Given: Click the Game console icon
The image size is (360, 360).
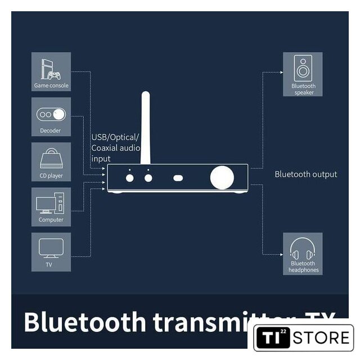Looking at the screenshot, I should (x=51, y=68).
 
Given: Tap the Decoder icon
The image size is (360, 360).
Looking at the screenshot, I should (x=51, y=115).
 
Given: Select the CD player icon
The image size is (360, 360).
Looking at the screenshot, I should (x=51, y=159).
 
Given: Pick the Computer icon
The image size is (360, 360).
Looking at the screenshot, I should (x=51, y=203).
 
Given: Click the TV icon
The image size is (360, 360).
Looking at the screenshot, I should (x=51, y=248).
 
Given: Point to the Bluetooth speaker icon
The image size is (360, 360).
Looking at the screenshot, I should (x=303, y=69).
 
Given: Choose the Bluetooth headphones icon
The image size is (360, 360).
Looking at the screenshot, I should (x=303, y=249).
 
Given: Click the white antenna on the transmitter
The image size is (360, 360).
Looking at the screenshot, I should (x=145, y=129).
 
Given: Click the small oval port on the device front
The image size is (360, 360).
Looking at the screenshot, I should (x=179, y=178).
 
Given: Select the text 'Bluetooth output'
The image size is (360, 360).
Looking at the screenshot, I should (x=305, y=174).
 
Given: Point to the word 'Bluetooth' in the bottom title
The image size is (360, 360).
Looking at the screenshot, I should (x=80, y=322).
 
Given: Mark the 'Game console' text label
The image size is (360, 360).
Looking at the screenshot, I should (x=51, y=86).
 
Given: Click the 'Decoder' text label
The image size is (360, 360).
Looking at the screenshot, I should (x=51, y=131).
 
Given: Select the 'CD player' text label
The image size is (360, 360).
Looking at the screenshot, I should (x=51, y=176).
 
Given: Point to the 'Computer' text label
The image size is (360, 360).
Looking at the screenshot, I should (x=51, y=220).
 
